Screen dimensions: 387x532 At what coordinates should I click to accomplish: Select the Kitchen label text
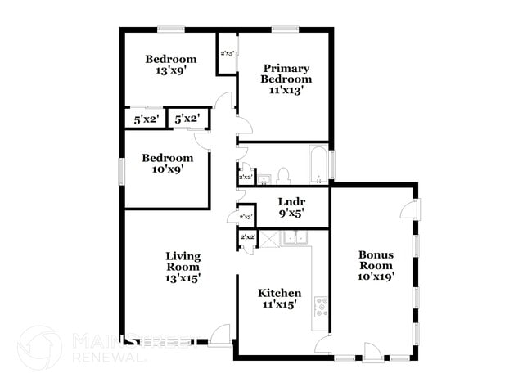point(280,293)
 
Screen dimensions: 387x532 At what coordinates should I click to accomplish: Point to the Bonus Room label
point(376,265)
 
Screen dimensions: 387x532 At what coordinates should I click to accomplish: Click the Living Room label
point(183,266)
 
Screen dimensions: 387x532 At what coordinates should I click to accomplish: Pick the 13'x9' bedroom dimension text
point(171,71)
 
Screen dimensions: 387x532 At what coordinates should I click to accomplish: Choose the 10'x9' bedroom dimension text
point(167,169)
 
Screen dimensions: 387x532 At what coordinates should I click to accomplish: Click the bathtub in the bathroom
point(318,164)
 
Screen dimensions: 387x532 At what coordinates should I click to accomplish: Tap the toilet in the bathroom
point(283,175)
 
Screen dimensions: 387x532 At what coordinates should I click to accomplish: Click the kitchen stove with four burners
point(321,307)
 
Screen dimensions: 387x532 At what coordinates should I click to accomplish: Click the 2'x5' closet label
point(227,54)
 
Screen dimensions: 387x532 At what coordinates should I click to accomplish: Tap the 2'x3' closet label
point(246,216)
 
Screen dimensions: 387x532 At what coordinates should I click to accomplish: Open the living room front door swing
point(219,335)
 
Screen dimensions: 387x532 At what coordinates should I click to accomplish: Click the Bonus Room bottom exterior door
point(373,353)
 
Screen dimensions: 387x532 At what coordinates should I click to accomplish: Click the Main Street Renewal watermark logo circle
point(38,347)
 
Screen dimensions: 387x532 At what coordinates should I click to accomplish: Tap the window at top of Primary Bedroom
point(284,30)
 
